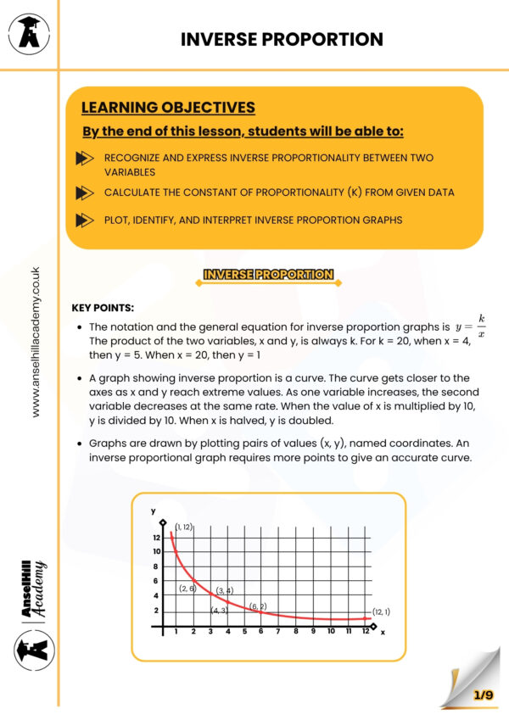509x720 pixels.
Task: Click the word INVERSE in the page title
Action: pos(220,39)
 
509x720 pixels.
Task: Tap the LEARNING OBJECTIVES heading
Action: pos(168,108)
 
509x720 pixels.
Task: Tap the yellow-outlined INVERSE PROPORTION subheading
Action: pos(268,275)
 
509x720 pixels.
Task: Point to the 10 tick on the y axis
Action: pos(156,551)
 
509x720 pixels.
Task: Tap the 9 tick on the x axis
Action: pos(312,631)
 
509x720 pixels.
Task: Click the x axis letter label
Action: pos(383,632)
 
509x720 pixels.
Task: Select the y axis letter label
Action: pos(154,511)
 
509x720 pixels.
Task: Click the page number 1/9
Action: pos(484,695)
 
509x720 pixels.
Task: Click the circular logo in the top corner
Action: pos(28,35)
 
